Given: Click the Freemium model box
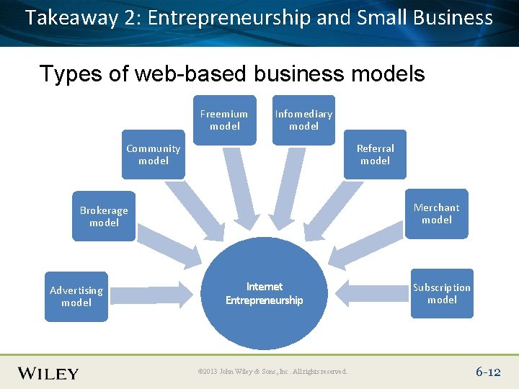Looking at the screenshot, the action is coord(224,120).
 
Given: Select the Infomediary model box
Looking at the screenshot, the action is coord(303,120).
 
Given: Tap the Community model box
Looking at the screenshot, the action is coord(154,154).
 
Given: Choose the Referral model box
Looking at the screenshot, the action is coord(375,154).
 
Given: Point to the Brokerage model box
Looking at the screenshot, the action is coord(104,216).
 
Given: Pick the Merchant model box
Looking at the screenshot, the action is coord(436,213).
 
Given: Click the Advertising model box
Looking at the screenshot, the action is coord(76,296).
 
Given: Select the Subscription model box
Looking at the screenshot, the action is coord(442,293).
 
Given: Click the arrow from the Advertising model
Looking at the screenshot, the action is coord(155,293).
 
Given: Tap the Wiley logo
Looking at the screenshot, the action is coord(48,373).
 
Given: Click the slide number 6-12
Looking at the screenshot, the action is coord(488,372).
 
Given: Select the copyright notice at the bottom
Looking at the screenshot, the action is coord(272,372).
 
